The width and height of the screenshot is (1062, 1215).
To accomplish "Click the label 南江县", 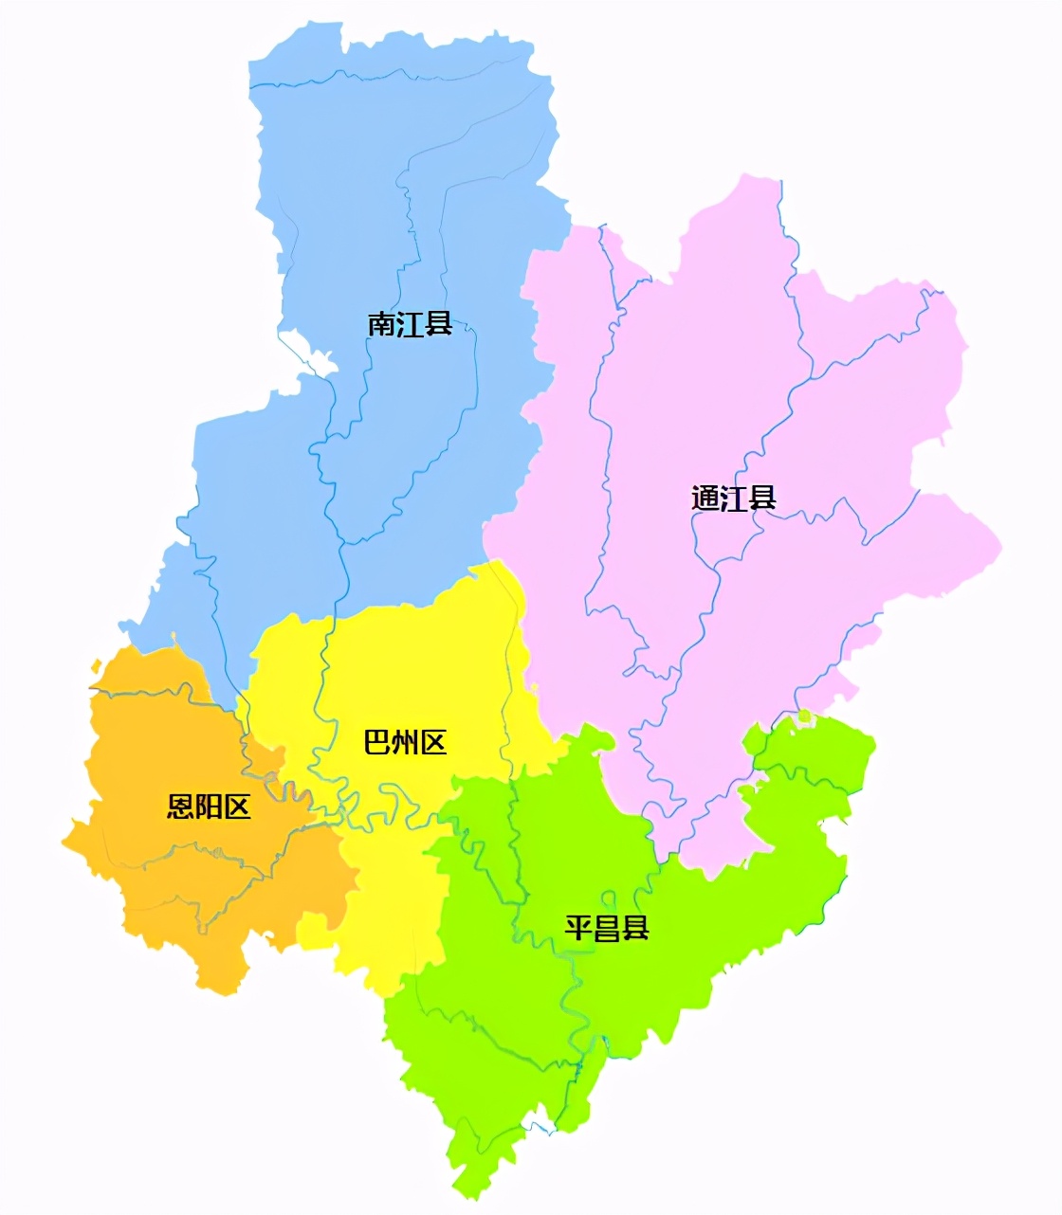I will [410, 325].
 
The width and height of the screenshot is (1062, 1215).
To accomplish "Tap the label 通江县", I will [734, 499].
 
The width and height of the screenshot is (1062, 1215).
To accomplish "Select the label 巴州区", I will [405, 742].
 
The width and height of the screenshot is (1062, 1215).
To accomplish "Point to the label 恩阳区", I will [210, 807].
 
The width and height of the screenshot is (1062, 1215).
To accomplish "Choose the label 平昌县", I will [607, 927].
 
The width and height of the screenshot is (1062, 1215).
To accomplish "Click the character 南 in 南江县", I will [381, 325].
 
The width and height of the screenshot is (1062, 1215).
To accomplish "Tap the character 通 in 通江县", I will [705, 499].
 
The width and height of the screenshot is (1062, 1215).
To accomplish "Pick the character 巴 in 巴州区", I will [377, 742].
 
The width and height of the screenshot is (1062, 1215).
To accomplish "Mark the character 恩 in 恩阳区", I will [181, 807].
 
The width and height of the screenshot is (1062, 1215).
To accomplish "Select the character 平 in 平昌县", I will [578, 927].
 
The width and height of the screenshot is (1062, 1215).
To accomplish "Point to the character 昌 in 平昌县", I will [607, 927].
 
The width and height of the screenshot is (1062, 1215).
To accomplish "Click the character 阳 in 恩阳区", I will [210, 807].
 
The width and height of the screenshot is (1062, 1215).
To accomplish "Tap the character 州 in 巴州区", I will [405, 742].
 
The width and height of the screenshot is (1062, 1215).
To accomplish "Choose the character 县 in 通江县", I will [762, 499].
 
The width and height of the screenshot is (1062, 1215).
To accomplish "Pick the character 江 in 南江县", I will [410, 325].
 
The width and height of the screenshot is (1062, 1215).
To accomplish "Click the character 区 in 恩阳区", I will [237, 807].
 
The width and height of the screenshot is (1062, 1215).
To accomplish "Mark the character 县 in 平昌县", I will [635, 927].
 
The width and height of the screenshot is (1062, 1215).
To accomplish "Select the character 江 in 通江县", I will [734, 499].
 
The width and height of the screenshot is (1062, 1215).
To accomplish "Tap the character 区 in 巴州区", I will [432, 742].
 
